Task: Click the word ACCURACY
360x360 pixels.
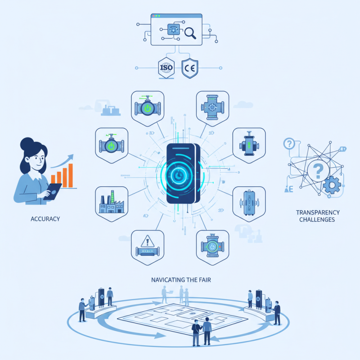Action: [x=45, y=219]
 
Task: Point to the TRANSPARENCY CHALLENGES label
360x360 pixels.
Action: [x=318, y=216]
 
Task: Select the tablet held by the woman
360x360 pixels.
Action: [x=54, y=191]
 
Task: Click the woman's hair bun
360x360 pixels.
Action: [x=25, y=143]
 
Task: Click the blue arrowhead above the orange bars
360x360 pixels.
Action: [x=71, y=157]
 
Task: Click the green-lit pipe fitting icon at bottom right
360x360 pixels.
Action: [x=212, y=246]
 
